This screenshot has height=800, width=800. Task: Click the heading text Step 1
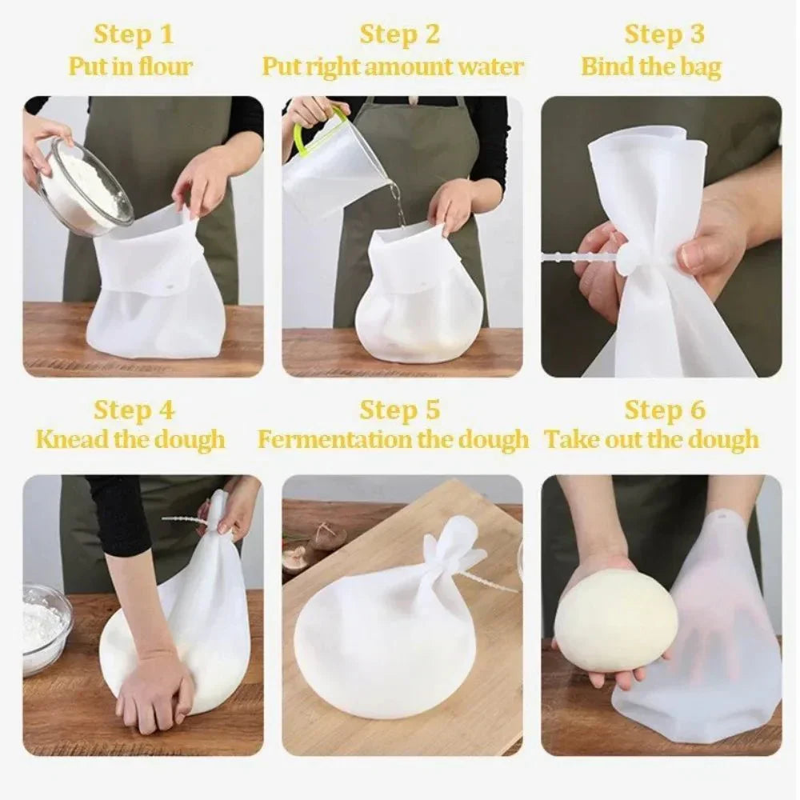(x=134, y=34)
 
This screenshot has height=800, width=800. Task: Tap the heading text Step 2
(x=399, y=34)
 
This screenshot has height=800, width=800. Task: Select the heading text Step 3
(x=665, y=34)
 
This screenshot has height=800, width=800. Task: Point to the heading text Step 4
(x=134, y=410)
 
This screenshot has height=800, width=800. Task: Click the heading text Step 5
(x=399, y=410)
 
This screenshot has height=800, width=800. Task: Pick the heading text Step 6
(x=665, y=410)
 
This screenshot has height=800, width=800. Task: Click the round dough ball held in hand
(x=615, y=619)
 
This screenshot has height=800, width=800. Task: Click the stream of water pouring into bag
(x=396, y=200)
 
